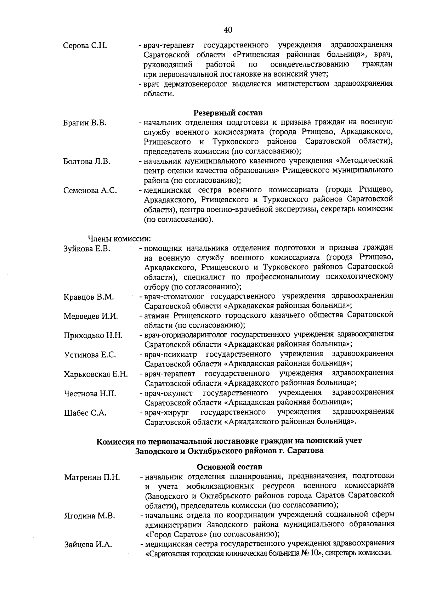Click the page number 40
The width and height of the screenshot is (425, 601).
coord(228,30)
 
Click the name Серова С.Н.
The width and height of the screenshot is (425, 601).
coord(85,46)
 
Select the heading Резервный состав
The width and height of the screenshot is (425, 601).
coord(228,113)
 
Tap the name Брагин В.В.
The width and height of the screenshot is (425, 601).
coord(85,123)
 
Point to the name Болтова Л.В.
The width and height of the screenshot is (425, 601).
coord(87,161)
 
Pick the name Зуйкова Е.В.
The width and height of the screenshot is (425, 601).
coord(87,249)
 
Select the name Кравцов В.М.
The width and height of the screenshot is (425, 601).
coord(89,297)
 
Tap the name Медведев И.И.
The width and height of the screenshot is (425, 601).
coord(91,316)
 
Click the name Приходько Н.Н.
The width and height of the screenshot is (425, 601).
coord(93,335)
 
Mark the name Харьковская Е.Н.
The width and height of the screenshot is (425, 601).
coord(96,374)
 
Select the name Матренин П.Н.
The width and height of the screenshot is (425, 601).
coord(92,477)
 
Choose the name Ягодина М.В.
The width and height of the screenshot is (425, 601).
coord(90,516)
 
